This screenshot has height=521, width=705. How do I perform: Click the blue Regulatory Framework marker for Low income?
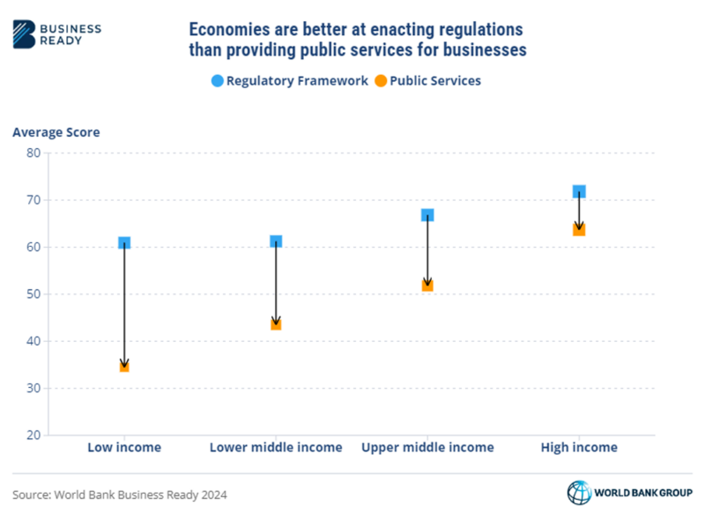tap(124, 242)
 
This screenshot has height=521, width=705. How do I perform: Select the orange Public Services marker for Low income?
tap(124, 366)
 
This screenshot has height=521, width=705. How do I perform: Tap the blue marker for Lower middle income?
tap(276, 242)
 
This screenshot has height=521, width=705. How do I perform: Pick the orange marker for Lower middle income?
tap(276, 324)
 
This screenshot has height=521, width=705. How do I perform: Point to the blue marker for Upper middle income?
tap(427, 215)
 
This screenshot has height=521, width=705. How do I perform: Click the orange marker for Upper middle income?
tap(427, 285)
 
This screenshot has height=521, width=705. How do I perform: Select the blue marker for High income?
tap(579, 191)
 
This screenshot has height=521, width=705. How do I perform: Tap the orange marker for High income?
tap(579, 229)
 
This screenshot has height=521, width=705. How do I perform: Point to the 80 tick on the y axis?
tap(33, 153)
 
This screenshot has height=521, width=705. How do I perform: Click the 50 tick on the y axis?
tap(33, 294)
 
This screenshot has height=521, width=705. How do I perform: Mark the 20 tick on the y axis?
tap(33, 435)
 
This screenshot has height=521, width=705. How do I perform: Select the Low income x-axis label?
tap(124, 447)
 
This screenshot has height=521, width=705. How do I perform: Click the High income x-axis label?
tap(579, 447)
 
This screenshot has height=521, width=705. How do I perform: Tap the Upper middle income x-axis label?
tap(427, 447)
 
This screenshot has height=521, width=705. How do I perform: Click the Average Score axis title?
tap(56, 132)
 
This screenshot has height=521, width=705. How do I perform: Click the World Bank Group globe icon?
tap(579, 493)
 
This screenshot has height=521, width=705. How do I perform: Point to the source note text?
tap(120, 495)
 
